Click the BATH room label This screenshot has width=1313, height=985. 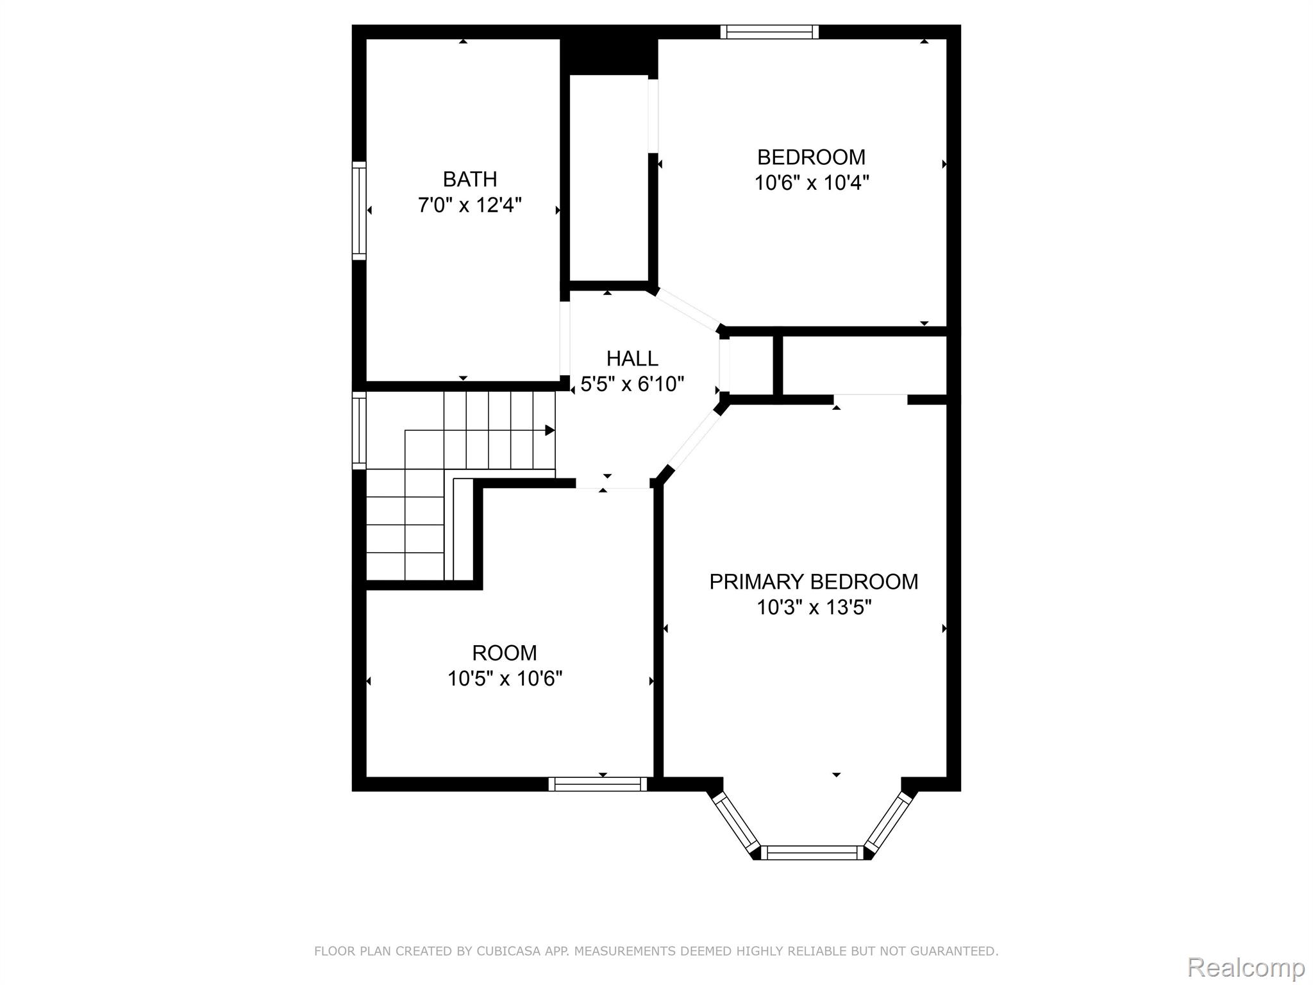click(470, 179)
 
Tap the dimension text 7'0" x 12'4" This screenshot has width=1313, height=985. click(470, 205)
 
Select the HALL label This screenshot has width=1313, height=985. click(632, 358)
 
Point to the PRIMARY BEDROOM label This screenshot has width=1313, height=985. click(814, 582)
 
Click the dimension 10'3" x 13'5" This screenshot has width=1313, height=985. click(814, 607)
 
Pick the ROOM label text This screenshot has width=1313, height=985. click(505, 653)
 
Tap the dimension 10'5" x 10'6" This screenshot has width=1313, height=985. click(505, 678)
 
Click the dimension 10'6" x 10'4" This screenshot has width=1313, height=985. click(812, 183)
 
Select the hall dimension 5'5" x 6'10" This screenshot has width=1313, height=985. click(632, 384)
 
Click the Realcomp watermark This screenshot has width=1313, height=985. click(1246, 966)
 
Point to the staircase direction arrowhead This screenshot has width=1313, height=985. click(550, 430)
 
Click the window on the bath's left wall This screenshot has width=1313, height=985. click(359, 211)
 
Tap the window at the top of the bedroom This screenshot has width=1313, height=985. click(769, 31)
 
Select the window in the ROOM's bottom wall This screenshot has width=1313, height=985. click(598, 784)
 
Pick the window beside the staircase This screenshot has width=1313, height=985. click(359, 430)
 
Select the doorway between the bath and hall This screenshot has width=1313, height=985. click(565, 339)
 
